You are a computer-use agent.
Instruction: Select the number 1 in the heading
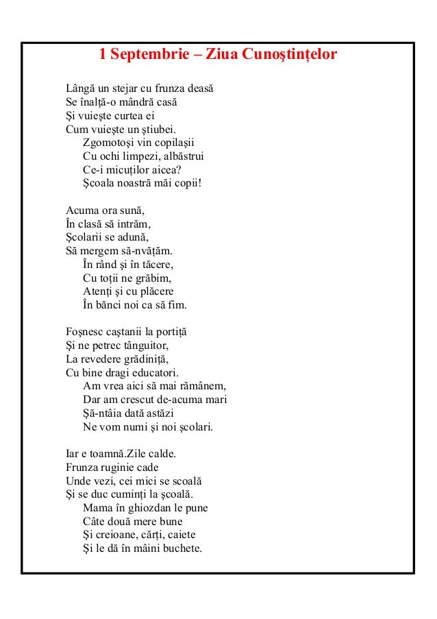click(x=103, y=53)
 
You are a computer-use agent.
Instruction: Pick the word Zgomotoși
click(x=109, y=143)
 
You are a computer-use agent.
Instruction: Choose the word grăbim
click(x=155, y=277)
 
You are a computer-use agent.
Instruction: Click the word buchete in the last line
click(x=179, y=547)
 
